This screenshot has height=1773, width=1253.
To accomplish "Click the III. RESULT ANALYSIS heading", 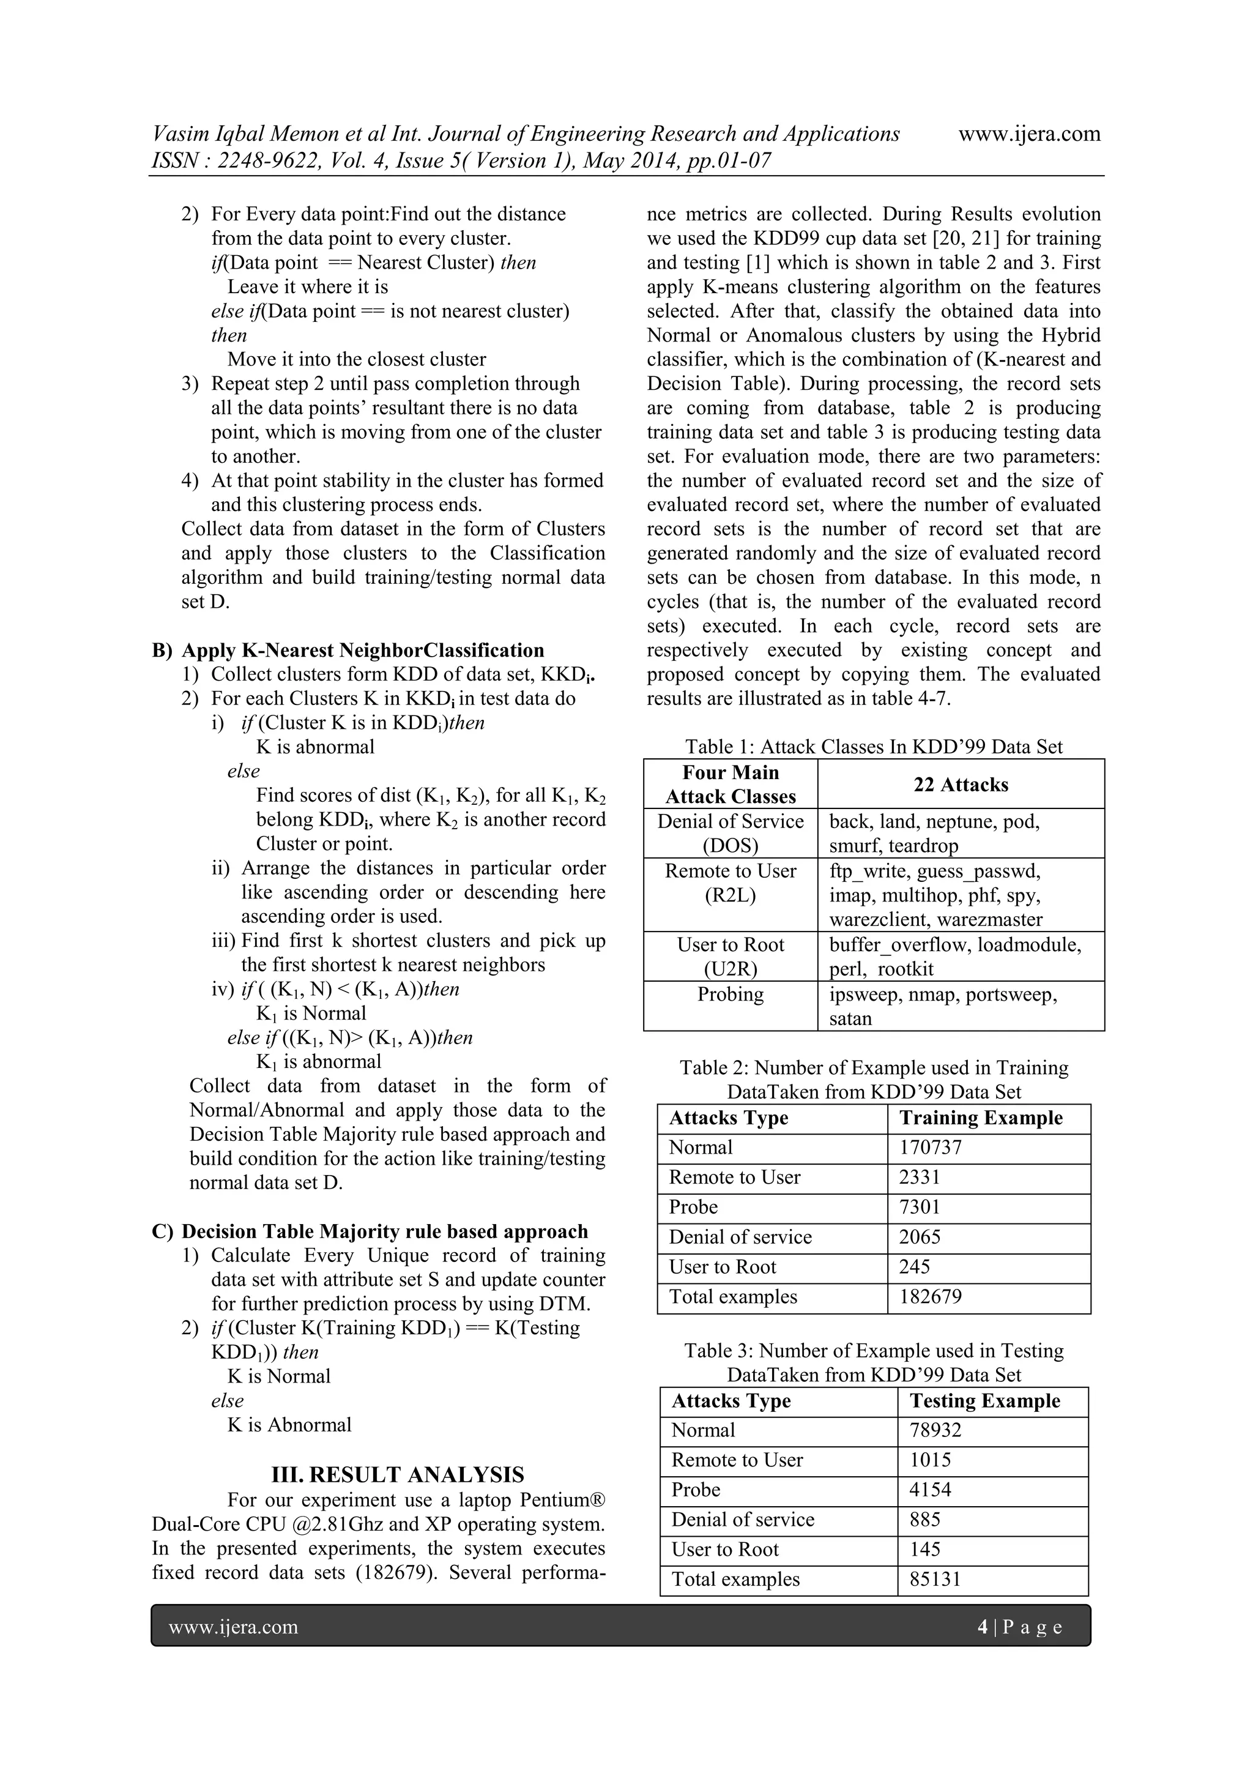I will [398, 1474].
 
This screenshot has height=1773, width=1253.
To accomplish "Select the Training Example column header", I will [981, 1118].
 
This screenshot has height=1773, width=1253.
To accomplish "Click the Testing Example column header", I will [984, 1400].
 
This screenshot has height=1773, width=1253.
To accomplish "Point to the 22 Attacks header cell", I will [961, 784].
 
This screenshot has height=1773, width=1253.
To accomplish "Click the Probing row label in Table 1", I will [731, 994].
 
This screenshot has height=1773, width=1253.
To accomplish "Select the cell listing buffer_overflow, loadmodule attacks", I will [955, 957].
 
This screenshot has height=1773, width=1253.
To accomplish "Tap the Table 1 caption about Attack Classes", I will [874, 747].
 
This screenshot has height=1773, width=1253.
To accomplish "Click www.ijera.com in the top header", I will [1029, 133].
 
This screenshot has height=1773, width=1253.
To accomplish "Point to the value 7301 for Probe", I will [920, 1207].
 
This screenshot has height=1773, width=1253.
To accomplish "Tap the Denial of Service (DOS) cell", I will [731, 832].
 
